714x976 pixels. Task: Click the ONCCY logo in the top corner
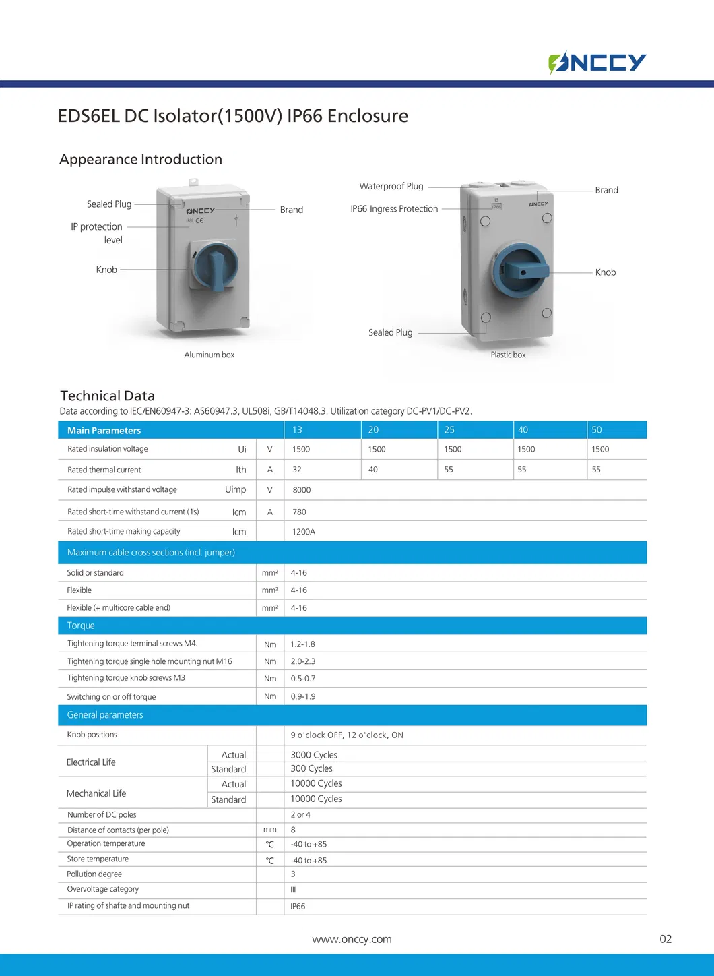597,63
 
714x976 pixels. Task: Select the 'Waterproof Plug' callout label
391,187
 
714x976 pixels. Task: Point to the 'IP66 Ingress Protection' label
394,209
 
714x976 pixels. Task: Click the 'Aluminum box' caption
209,355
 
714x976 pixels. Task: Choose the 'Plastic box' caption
508,355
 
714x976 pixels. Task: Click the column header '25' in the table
449,430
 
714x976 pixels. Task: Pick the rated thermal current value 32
297,470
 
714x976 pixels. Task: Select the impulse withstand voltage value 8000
301,490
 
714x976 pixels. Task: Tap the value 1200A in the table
303,532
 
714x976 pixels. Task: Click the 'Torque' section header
81,626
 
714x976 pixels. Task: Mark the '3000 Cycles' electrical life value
314,755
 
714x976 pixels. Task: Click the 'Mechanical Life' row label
96,793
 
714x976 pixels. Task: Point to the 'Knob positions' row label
92,735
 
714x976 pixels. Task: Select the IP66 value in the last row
298,907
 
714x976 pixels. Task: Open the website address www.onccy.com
352,939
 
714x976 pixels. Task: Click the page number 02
666,939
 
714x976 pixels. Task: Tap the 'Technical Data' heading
108,396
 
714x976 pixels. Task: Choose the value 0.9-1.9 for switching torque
303,696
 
